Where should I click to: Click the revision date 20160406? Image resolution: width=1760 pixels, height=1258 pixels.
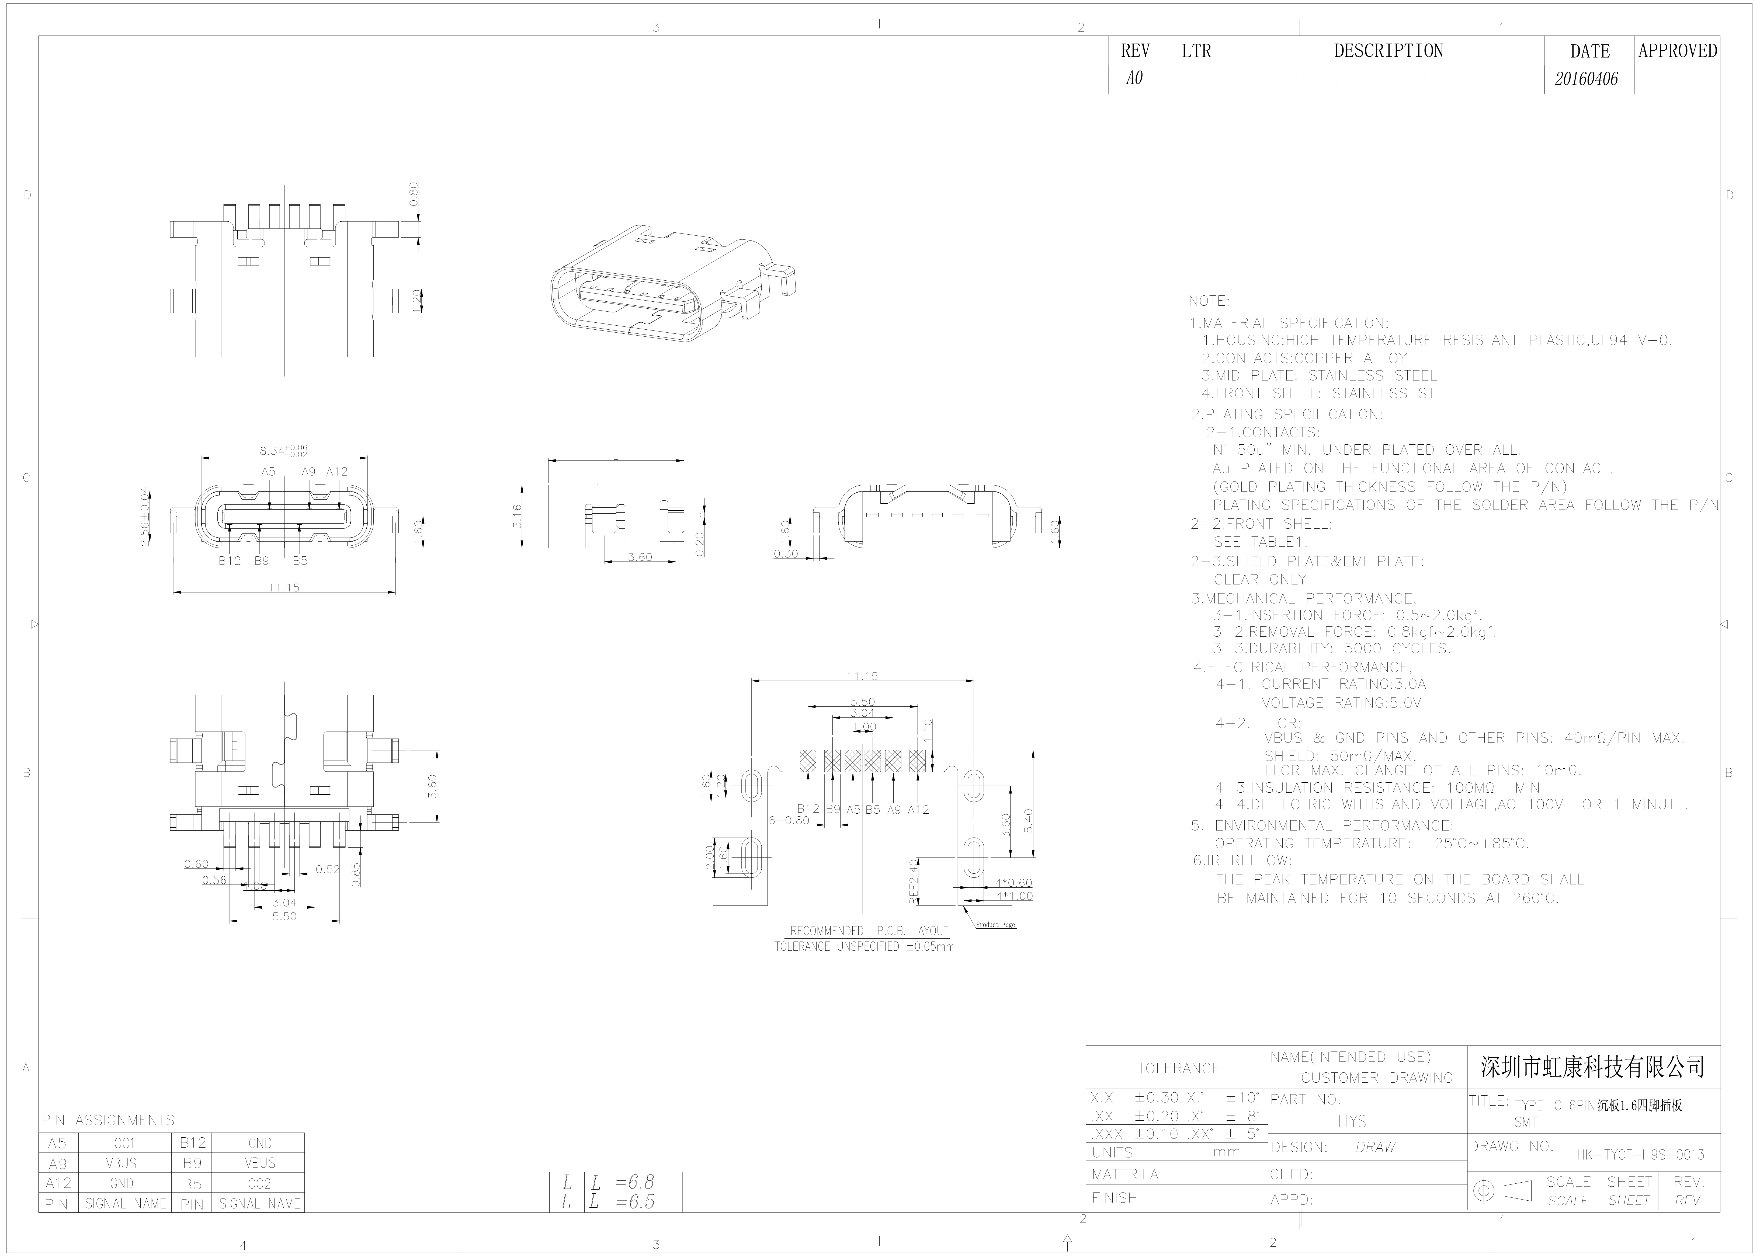click(1587, 79)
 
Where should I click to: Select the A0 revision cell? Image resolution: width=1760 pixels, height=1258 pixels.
click(1135, 79)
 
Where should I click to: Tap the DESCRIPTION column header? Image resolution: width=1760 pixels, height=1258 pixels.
click(1388, 51)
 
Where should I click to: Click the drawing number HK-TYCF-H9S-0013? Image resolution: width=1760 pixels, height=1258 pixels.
click(1641, 1155)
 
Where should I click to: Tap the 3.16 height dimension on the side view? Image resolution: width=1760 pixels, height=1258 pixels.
click(517, 517)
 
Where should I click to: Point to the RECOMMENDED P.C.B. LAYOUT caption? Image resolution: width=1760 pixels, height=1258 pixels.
click(868, 931)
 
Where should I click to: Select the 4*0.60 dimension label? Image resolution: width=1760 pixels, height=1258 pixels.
click(1013, 882)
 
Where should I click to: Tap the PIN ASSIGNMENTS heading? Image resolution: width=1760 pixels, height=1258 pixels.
click(109, 1120)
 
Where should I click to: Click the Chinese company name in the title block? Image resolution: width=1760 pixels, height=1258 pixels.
click(1593, 1067)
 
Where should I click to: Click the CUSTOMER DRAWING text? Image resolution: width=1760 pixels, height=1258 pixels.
click(1377, 1078)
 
